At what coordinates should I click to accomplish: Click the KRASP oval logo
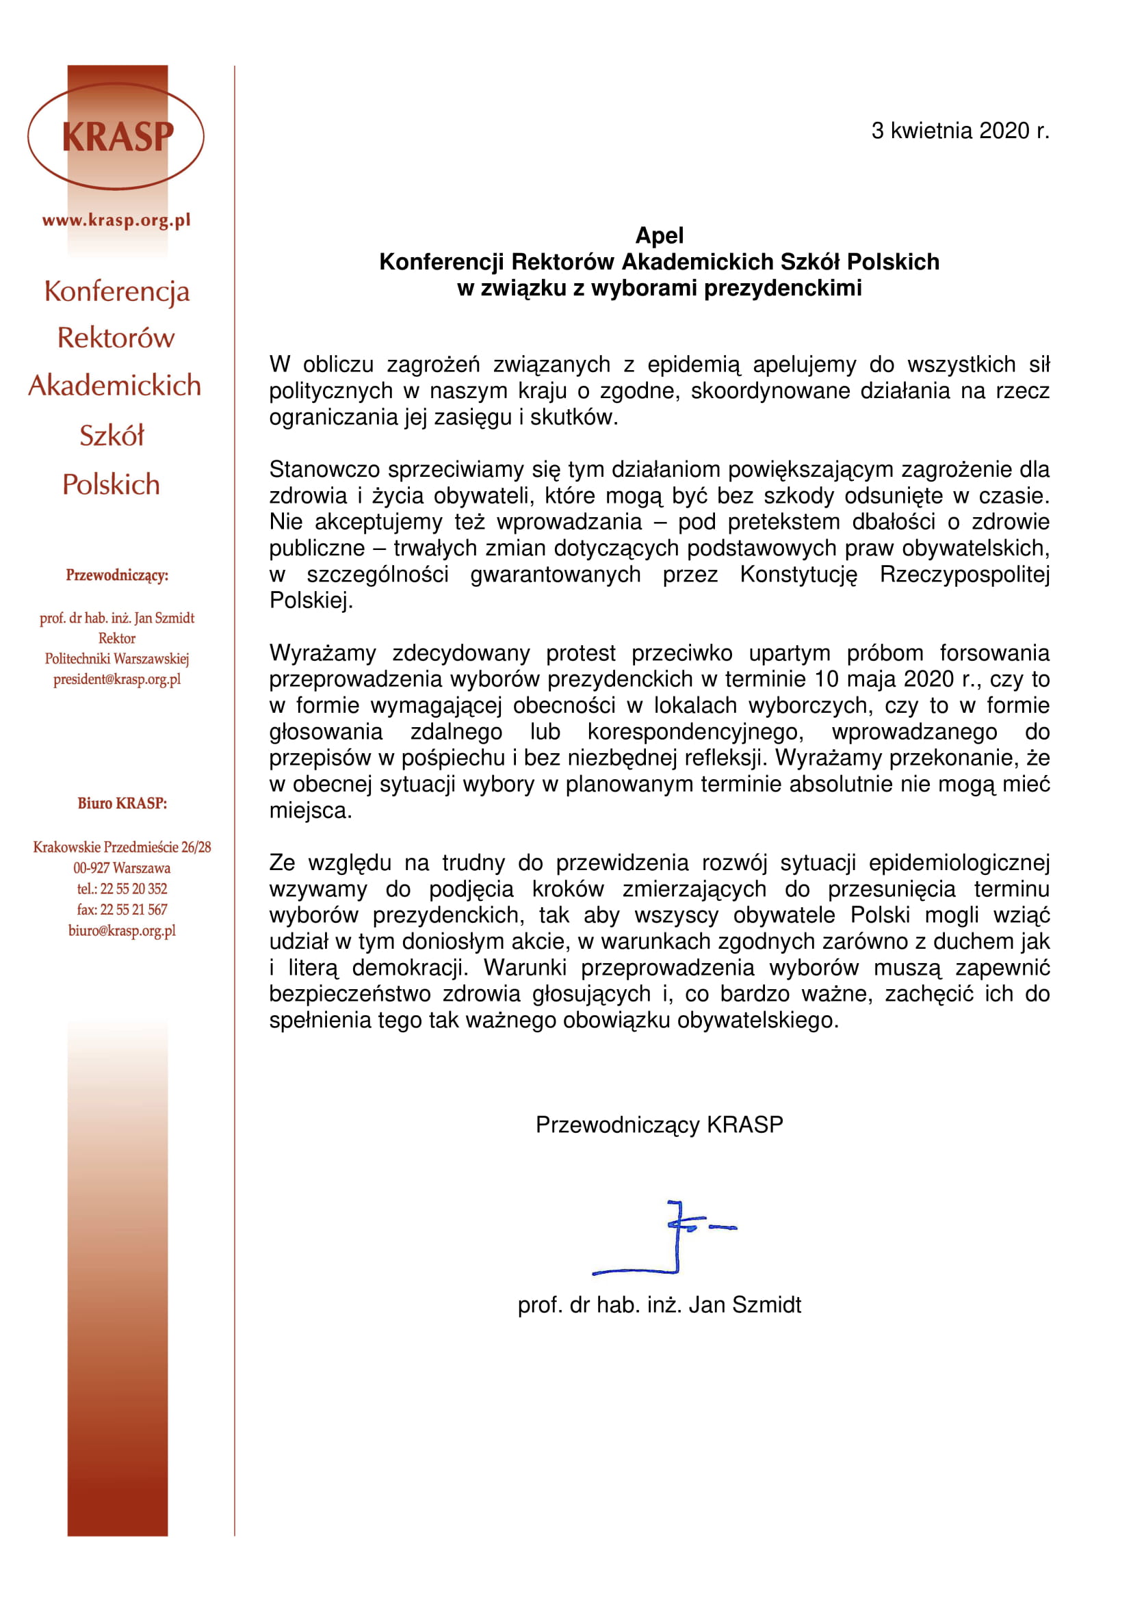point(116,137)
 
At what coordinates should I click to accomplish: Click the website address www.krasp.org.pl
point(116,220)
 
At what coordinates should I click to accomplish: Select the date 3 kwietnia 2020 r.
point(959,131)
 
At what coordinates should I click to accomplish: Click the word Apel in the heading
point(658,235)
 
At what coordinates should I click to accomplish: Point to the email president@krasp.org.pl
point(117,679)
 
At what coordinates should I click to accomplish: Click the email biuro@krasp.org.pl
point(122,930)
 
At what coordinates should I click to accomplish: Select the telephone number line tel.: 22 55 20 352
point(122,889)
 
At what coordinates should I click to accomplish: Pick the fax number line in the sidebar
point(122,909)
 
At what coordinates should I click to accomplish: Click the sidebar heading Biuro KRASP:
point(122,803)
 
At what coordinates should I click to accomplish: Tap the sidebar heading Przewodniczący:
point(117,575)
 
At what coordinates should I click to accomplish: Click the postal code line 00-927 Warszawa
point(122,867)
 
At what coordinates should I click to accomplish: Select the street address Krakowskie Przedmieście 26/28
point(122,847)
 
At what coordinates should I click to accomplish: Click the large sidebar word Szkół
point(112,436)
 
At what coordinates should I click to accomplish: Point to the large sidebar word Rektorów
point(116,338)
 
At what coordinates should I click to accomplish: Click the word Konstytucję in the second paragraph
point(798,574)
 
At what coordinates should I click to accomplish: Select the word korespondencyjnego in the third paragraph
point(695,732)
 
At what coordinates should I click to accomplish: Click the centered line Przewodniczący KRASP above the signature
point(658,1125)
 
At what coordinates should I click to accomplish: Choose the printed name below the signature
point(658,1304)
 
